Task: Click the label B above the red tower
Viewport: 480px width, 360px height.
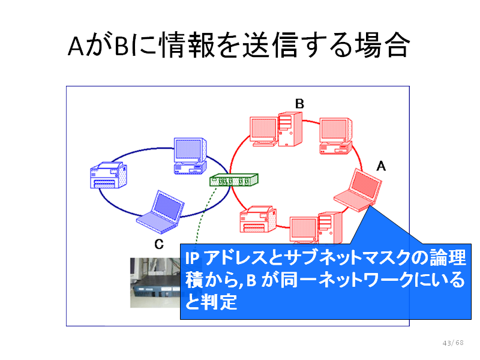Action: point(299,104)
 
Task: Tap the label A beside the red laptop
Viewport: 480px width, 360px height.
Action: point(381,166)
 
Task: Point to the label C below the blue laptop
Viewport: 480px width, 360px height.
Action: point(159,244)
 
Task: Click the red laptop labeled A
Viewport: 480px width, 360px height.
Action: point(358,190)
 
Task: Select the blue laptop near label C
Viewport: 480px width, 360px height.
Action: point(160,212)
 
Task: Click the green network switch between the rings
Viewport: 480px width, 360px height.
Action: point(234,179)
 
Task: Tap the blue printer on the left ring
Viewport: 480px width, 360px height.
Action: point(109,175)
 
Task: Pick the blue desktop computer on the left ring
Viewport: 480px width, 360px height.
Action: point(190,156)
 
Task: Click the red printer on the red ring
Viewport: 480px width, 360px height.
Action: point(258,219)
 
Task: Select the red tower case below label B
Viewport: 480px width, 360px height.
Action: point(290,129)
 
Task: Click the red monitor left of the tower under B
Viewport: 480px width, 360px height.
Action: point(264,131)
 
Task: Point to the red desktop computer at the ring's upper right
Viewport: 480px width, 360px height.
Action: point(336,136)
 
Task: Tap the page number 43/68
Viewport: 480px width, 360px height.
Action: point(453,343)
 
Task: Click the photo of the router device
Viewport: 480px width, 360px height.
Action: point(155,283)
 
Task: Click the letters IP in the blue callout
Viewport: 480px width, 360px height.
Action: point(192,259)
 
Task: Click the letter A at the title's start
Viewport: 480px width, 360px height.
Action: point(76,47)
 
